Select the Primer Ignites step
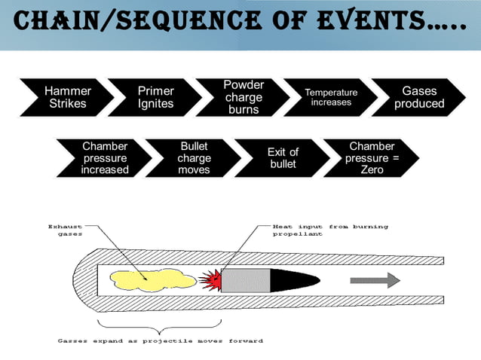click(x=155, y=97)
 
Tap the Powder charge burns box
click(x=244, y=97)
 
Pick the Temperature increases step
click(x=331, y=97)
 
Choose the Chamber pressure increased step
click(x=105, y=157)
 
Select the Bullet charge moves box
click(x=194, y=157)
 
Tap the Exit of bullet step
click(x=283, y=157)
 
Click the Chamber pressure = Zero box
click(x=372, y=157)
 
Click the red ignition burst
click(x=210, y=279)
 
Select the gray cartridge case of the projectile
click(x=245, y=279)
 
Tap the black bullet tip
click(x=298, y=279)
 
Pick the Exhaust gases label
click(x=65, y=230)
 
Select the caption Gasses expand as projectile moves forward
click(x=160, y=341)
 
